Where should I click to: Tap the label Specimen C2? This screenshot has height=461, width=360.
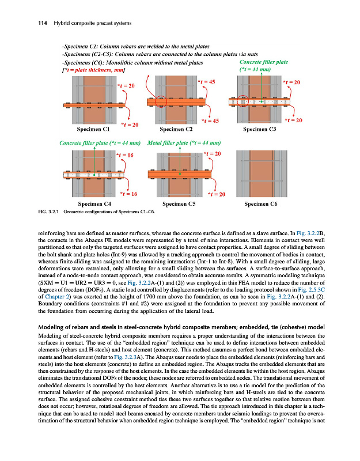coord(177,130)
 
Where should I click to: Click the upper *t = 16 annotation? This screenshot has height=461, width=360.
coord(125,155)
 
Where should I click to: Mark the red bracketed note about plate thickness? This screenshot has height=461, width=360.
coord(93,70)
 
